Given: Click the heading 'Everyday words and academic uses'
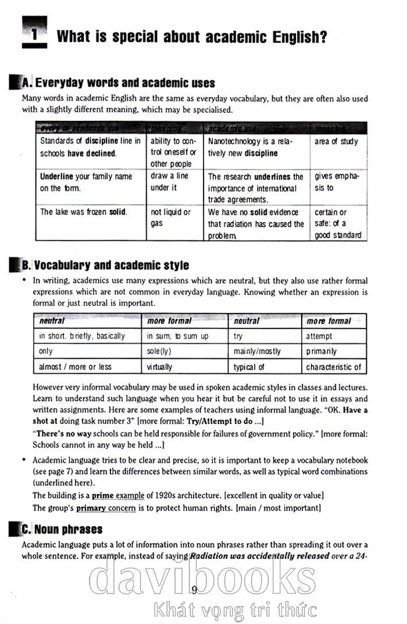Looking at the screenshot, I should (124, 83).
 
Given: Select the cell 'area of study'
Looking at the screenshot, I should (337, 142).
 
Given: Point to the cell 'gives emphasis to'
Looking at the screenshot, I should (336, 182).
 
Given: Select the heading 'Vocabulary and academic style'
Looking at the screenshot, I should (112, 266).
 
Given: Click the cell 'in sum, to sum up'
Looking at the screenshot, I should (177, 336).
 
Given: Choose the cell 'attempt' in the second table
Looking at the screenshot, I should (319, 336).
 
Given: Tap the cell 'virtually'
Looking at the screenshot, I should (160, 367).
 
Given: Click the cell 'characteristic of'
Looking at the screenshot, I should (333, 367).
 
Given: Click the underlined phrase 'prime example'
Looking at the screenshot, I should (118, 495).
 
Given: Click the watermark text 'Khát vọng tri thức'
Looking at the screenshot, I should (235, 610).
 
